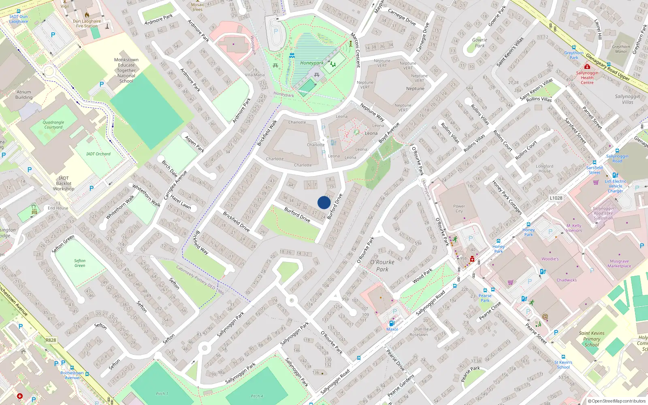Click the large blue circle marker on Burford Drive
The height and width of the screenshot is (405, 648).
point(324,202)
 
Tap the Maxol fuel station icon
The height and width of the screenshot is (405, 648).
point(392,323)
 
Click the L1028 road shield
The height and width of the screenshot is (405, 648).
point(556,198)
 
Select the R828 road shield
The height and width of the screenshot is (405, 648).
point(51,340)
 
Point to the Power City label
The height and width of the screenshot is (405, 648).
point(459,209)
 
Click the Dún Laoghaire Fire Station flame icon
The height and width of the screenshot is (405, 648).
point(87,15)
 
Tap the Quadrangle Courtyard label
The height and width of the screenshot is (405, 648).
point(53,125)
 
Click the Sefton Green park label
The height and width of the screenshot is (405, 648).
point(80,263)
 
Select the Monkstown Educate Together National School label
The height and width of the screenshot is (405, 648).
point(126,70)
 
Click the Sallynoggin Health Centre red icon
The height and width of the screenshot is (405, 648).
point(587,66)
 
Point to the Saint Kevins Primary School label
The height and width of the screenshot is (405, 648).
point(592,339)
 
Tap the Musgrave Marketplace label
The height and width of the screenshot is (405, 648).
point(619,264)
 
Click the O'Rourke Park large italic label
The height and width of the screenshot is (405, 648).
point(382,266)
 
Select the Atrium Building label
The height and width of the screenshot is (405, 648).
point(24,95)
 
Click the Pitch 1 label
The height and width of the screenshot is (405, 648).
point(162,394)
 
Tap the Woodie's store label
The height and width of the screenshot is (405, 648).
point(550,259)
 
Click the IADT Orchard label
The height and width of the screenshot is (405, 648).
point(98,154)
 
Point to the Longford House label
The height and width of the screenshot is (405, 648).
point(544,168)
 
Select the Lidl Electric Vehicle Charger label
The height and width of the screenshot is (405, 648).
point(615,186)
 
